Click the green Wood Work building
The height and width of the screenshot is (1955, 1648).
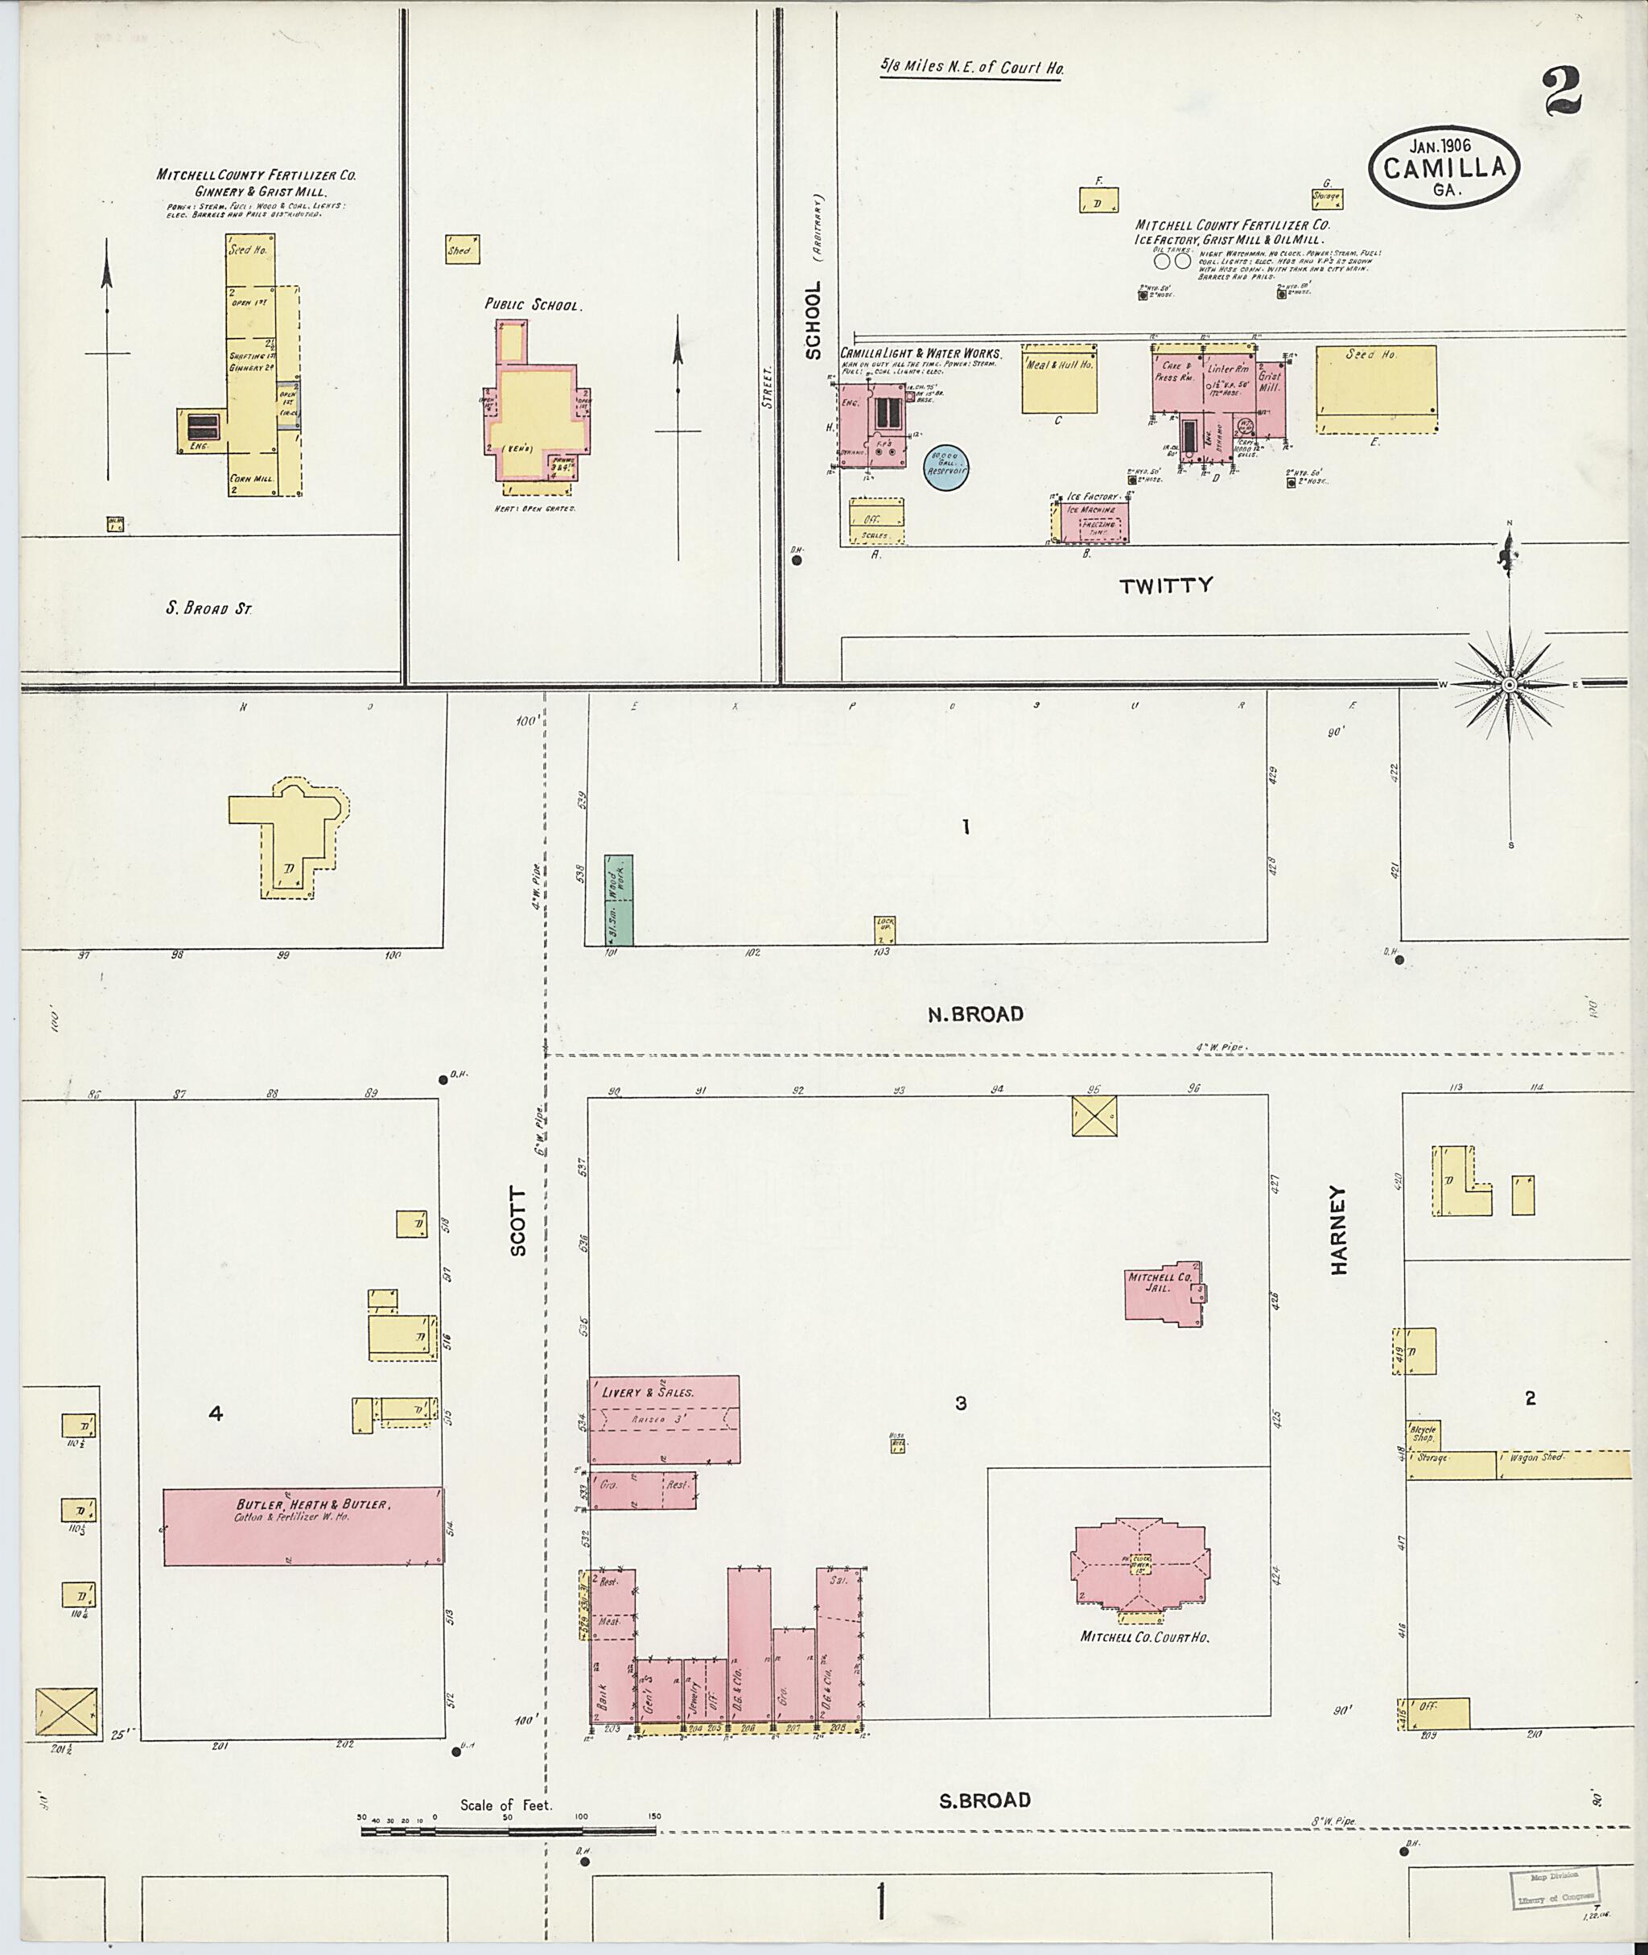[617, 899]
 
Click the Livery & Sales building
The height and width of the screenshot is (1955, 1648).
[663, 1420]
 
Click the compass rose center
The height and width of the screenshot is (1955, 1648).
[1509, 685]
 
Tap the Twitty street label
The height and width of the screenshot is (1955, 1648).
[1166, 585]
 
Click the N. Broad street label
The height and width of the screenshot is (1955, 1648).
[975, 1014]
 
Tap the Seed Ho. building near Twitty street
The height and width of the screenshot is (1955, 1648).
[1376, 389]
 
